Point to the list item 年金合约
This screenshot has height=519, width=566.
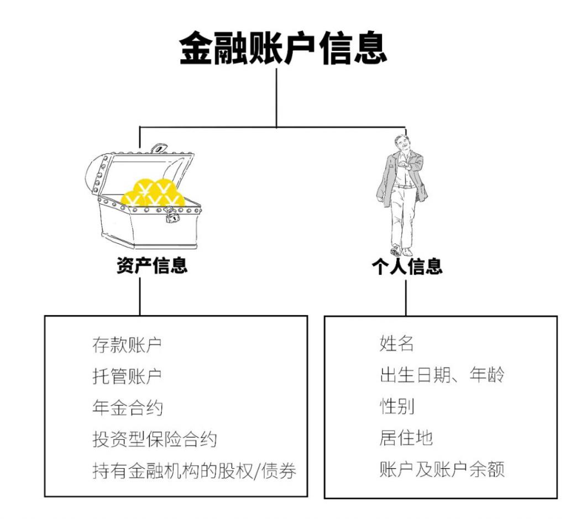point(127,408)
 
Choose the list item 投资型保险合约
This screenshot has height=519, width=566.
point(154,439)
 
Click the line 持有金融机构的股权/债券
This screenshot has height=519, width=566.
point(194,471)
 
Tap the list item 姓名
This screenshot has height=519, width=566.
point(396,343)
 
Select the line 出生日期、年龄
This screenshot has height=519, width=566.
point(442,375)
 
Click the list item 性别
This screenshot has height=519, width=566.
point(396,407)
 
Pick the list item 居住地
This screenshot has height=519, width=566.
point(406,438)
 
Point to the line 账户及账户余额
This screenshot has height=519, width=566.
point(442,470)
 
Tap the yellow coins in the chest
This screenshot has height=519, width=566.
point(153,193)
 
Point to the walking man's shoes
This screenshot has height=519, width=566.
point(401,251)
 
